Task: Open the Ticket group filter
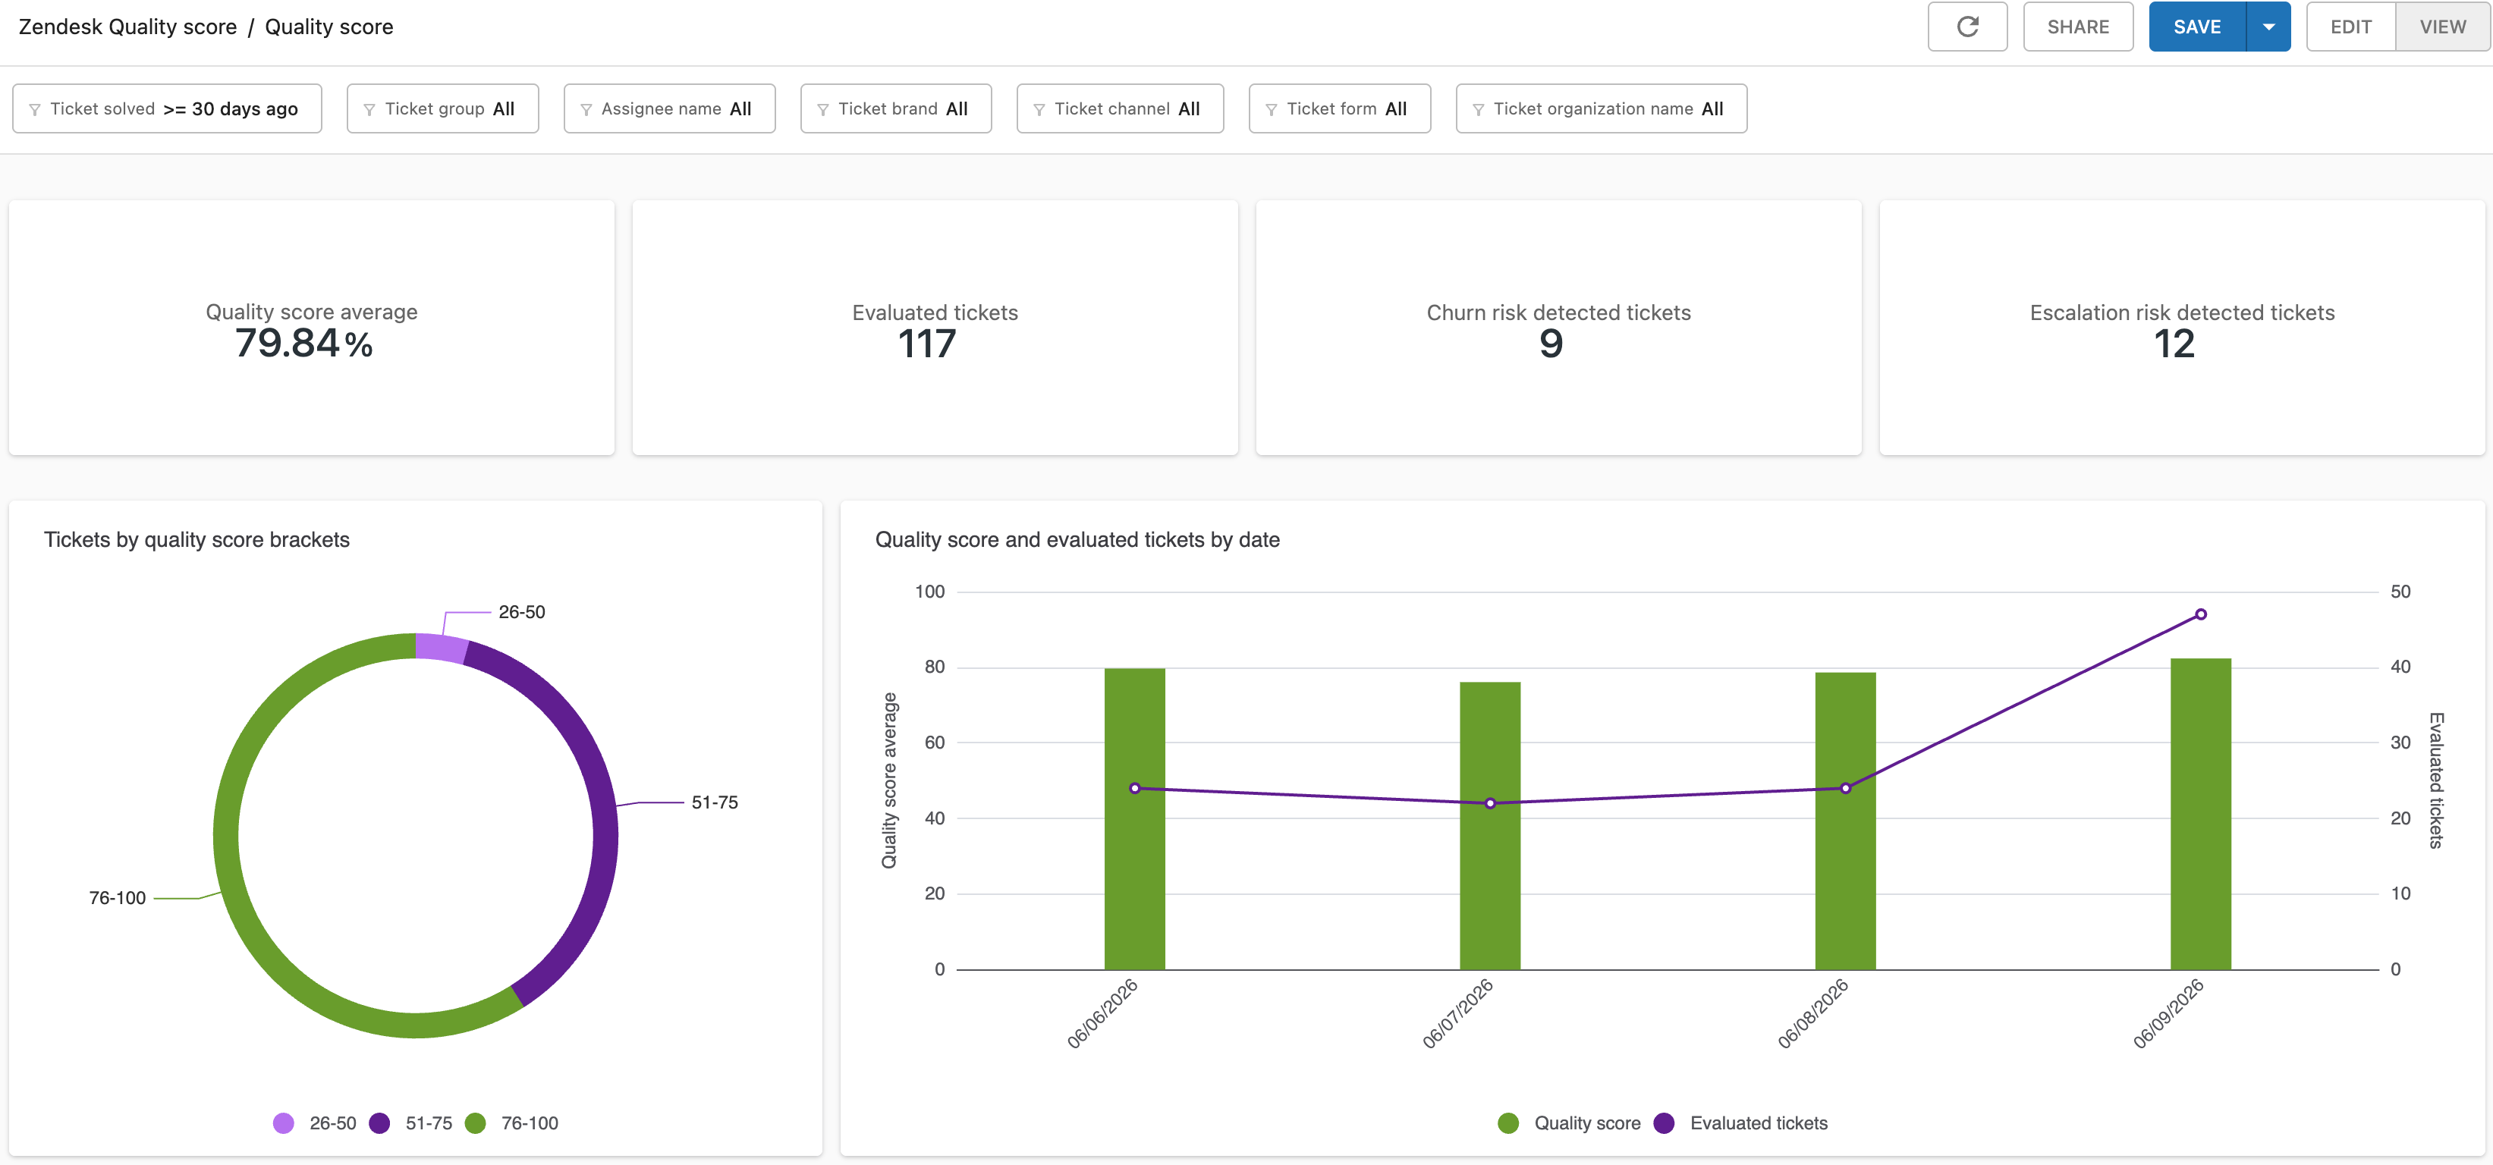point(442,108)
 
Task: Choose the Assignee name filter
point(670,108)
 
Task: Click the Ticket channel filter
point(1120,108)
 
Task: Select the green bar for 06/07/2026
point(1490,825)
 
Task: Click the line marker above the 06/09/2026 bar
point(2201,614)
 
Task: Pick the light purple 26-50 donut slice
point(442,646)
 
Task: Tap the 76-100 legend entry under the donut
point(512,1123)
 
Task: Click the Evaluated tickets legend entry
point(1741,1123)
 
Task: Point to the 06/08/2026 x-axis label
point(1812,1013)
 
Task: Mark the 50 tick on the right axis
point(2400,591)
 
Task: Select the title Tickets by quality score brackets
point(196,540)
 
